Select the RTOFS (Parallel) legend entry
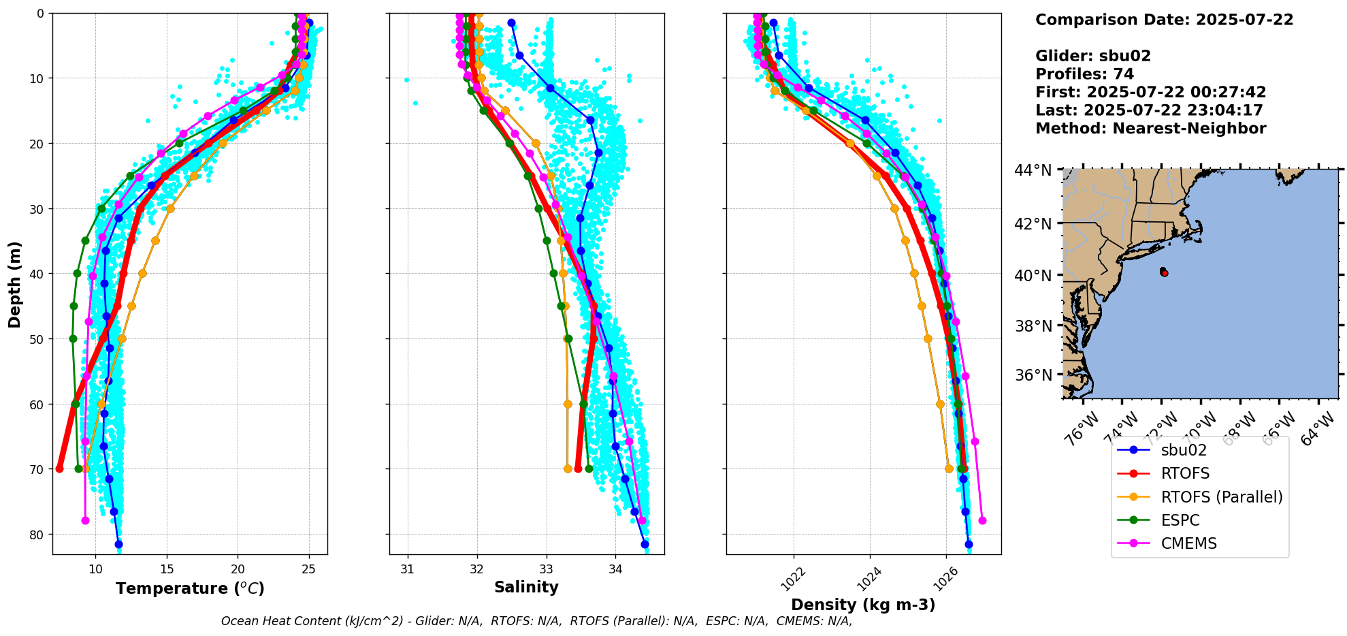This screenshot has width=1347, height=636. (1222, 497)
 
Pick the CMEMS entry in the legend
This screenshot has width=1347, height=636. (1188, 543)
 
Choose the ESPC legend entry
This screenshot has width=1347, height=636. (1180, 520)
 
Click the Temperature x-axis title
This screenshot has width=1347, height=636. (190, 588)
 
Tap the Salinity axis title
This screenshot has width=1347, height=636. (526, 588)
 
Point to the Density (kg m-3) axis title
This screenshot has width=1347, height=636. (863, 605)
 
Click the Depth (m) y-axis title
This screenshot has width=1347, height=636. (15, 284)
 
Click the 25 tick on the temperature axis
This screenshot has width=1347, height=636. (308, 569)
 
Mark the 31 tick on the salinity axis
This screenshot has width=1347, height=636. (407, 569)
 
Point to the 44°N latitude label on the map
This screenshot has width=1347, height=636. (1033, 170)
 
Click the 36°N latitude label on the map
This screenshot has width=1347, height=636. (1033, 375)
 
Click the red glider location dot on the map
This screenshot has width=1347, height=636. (1165, 273)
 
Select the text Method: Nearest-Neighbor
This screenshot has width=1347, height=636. (1150, 129)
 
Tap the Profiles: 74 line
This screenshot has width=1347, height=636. (1084, 74)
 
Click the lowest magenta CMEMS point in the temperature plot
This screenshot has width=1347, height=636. (85, 520)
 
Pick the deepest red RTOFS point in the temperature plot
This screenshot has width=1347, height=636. (59, 468)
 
